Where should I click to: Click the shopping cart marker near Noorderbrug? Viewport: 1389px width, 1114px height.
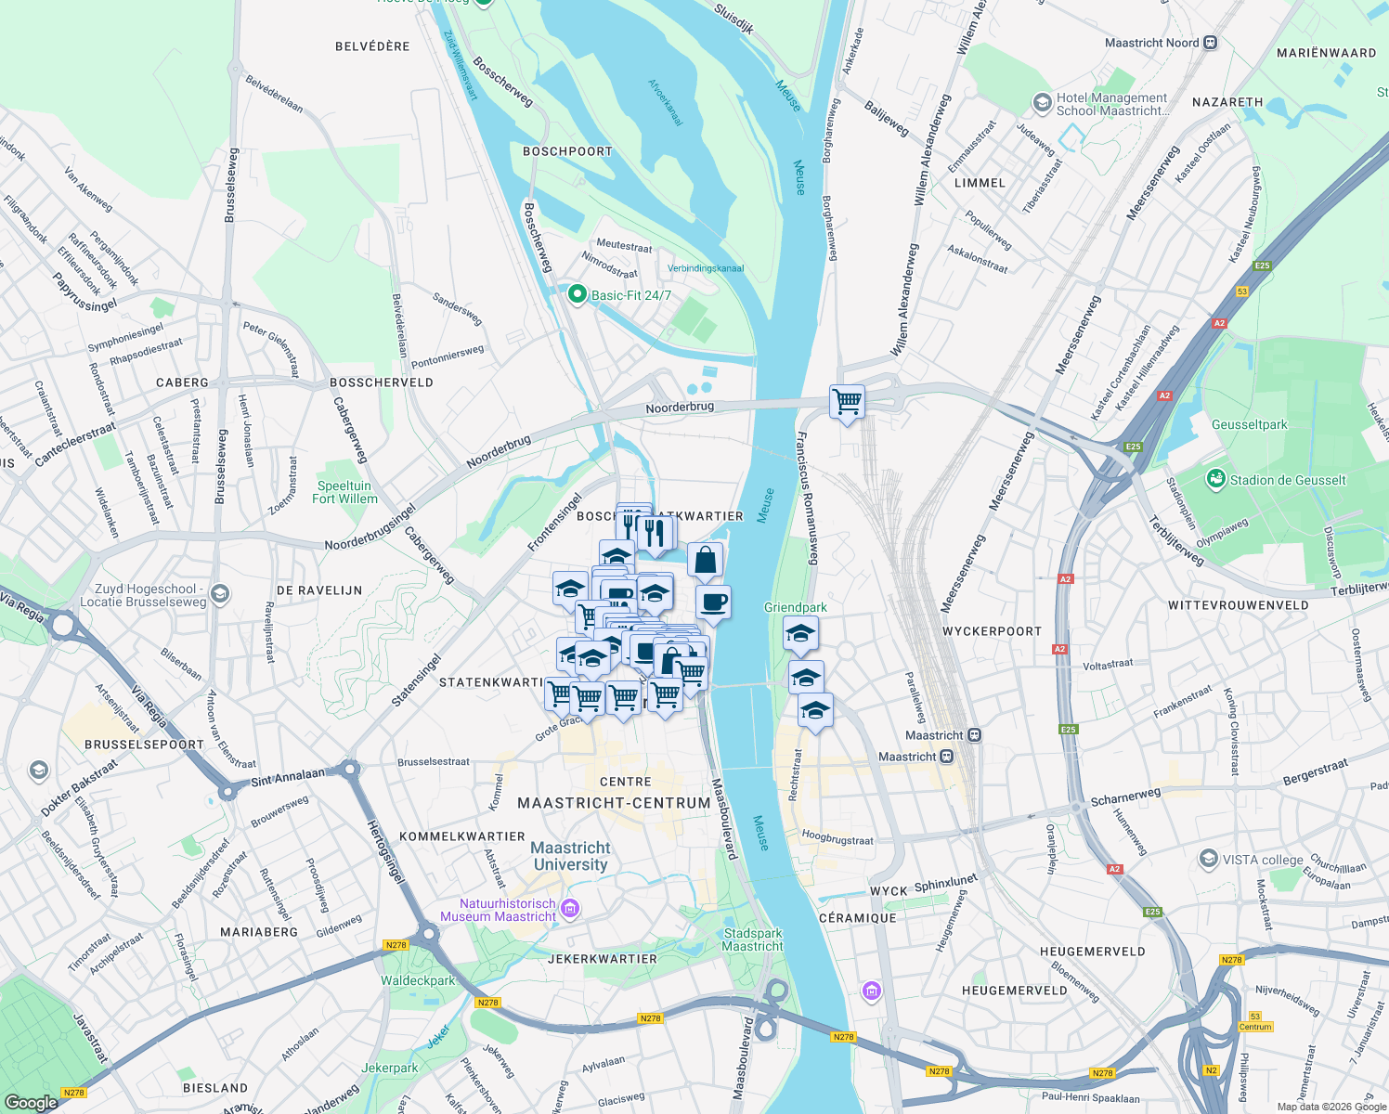[x=847, y=402]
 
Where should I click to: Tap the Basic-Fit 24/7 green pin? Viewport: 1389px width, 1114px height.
[x=577, y=294]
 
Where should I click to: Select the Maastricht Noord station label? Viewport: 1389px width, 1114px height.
[x=1151, y=43]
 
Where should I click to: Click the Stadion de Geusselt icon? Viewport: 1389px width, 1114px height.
[x=1215, y=479]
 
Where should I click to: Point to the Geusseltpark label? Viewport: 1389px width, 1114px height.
[x=1249, y=424]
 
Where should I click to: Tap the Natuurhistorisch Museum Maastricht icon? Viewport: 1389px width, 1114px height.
[x=571, y=908]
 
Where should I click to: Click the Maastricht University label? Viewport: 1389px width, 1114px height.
[x=570, y=856]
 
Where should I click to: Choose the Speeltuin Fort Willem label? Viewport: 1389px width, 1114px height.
[x=344, y=492]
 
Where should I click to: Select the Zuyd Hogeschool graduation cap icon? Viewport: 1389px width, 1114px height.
[x=220, y=594]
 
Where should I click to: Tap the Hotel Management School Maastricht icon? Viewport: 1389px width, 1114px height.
[x=1042, y=101]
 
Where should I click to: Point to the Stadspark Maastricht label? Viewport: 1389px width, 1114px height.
[x=752, y=939]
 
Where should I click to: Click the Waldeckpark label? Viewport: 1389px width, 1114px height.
[x=418, y=980]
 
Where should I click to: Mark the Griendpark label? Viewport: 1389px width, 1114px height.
[x=796, y=607]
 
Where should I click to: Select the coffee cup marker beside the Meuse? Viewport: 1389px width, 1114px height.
[x=713, y=602]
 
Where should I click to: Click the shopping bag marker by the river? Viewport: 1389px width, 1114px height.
[x=705, y=560]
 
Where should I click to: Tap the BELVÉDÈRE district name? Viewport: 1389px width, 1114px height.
[x=372, y=46]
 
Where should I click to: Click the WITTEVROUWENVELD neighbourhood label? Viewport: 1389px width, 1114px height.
[x=1238, y=605]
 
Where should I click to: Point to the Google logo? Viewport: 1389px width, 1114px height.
[x=31, y=1102]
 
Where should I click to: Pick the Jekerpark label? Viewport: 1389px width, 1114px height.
[x=390, y=1068]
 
